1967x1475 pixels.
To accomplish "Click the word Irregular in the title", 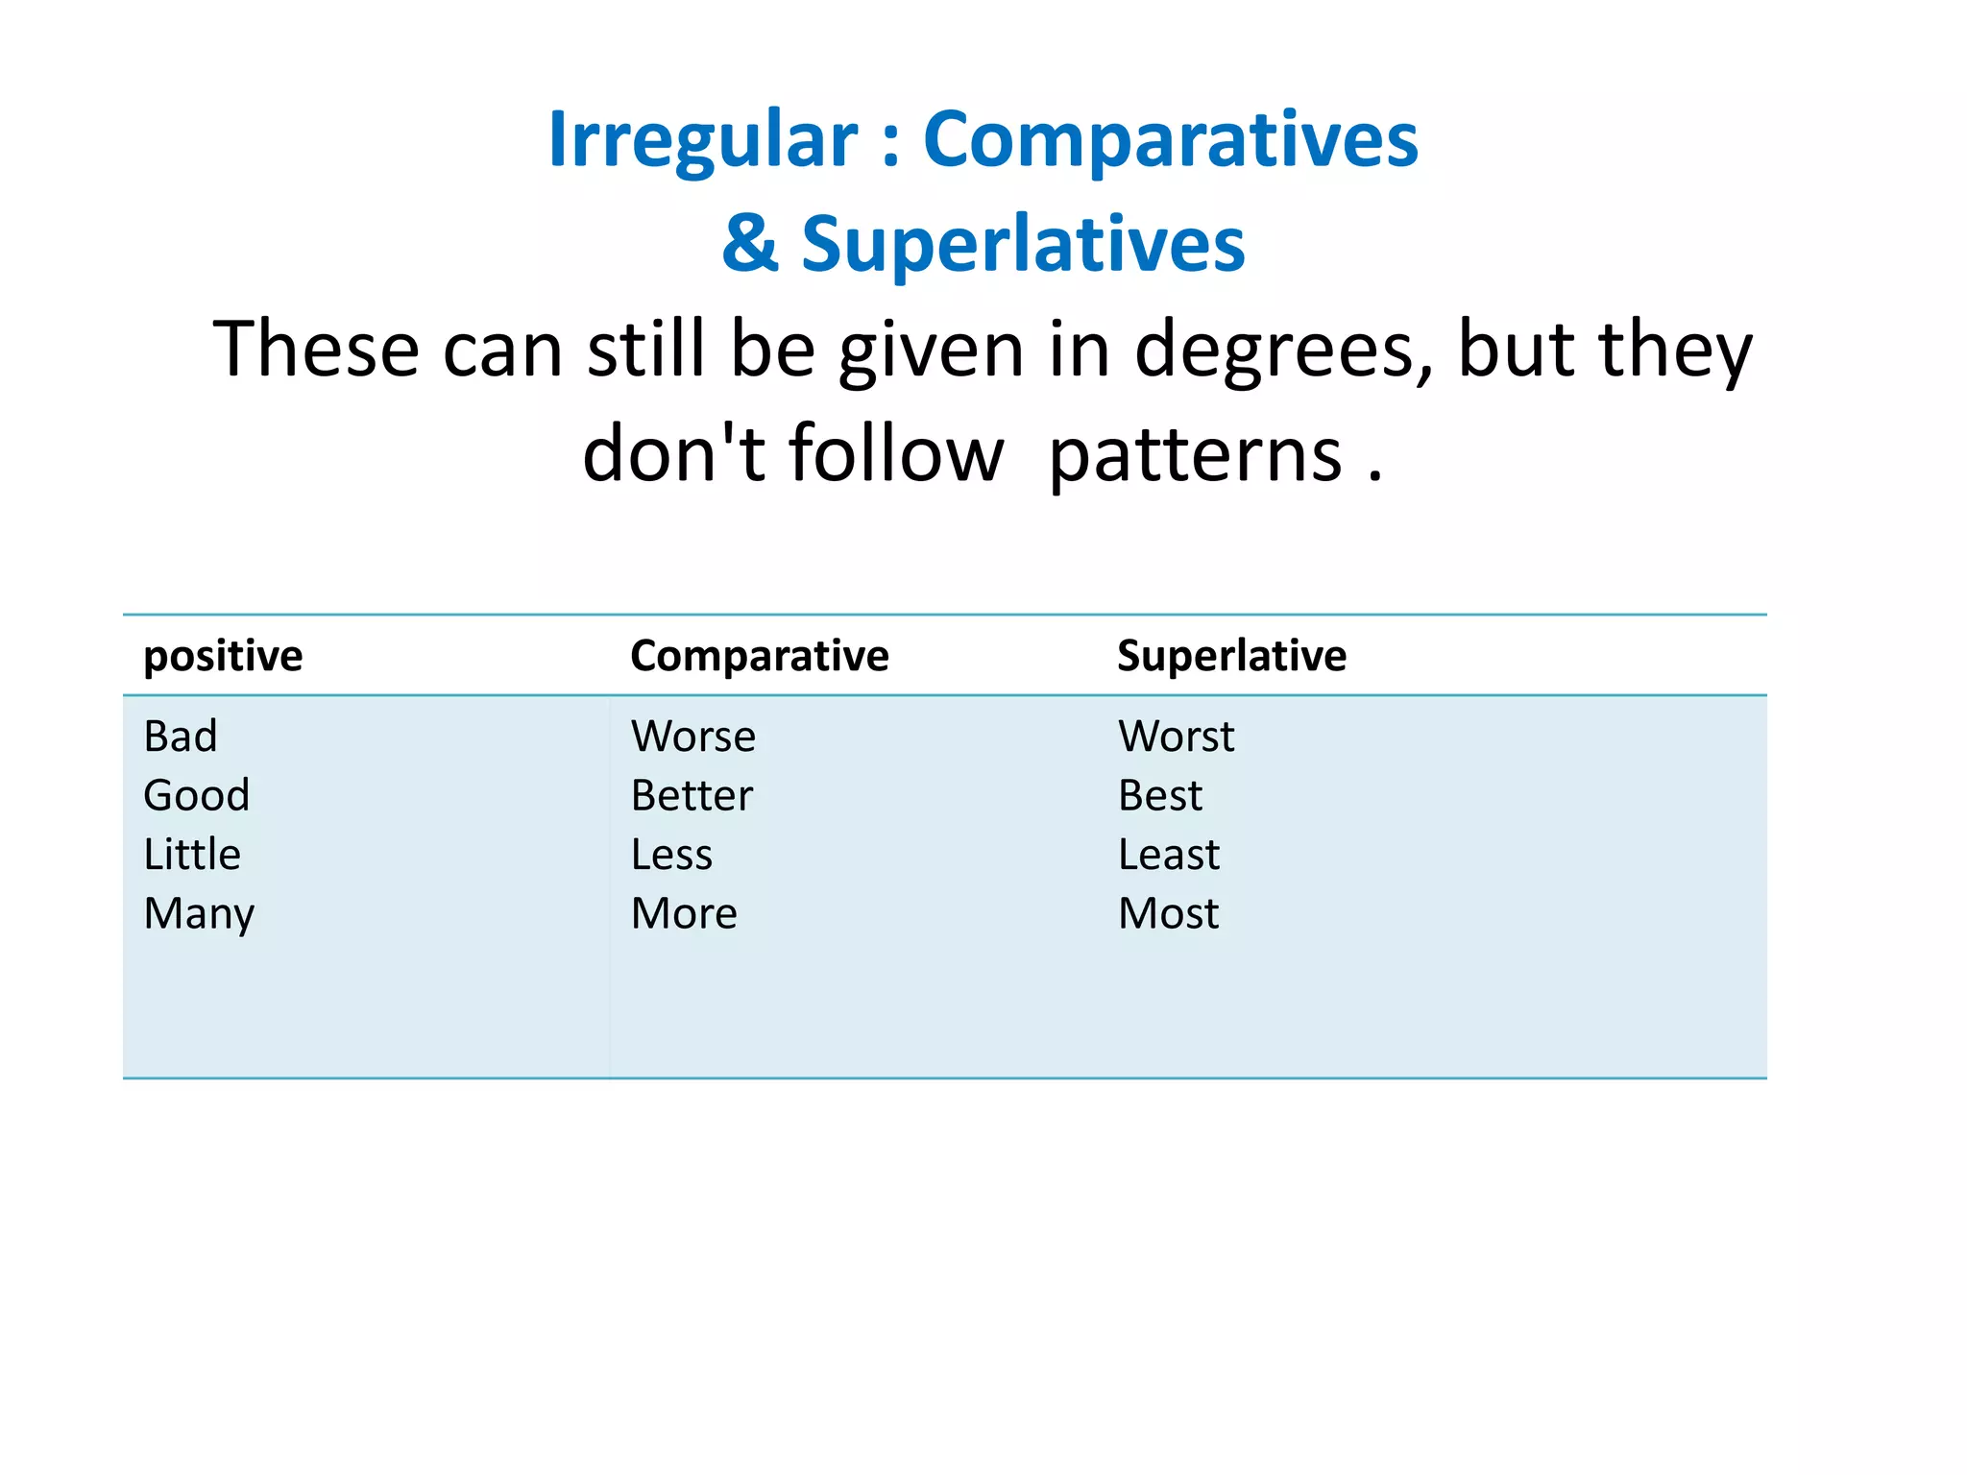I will pos(702,140).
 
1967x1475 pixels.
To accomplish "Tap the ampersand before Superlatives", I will pos(749,244).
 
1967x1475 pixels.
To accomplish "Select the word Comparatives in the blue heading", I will pos(1170,140).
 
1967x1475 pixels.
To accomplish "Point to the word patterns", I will pos(1195,455).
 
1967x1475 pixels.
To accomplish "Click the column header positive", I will pos(223,657).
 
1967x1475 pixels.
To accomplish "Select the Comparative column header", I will pos(759,657).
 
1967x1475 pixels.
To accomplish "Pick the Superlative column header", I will pos(1231,657).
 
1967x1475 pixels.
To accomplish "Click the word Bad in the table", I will pos(181,737).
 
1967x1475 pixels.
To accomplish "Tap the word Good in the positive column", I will pos(197,795).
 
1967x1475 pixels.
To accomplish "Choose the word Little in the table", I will pos(192,855).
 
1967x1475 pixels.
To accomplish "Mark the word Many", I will pos(199,914).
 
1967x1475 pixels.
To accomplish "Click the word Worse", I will pos(692,737).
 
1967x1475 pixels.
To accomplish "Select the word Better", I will pos(692,795).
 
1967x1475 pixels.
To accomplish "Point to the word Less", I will pos(671,855).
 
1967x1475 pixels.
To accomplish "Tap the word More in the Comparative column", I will pos(684,913).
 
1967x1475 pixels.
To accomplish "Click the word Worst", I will pos(1176,737).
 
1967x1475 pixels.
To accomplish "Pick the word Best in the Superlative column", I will pos(1159,795).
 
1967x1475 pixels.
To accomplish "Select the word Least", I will pos(1168,855).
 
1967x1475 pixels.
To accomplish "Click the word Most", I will pos(1168,913).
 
